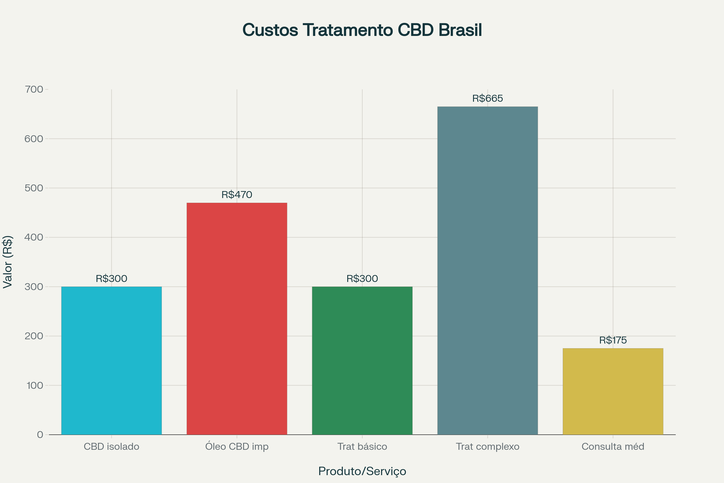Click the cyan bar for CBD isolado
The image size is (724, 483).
click(x=111, y=360)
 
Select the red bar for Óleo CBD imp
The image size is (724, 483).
click(x=237, y=319)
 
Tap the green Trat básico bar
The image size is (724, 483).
click(x=362, y=360)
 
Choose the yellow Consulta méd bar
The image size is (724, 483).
click(x=613, y=391)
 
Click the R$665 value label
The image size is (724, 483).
click(x=487, y=99)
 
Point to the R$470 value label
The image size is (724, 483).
click(x=237, y=195)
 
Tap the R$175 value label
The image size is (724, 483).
click(x=613, y=341)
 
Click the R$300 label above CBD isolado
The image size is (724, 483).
click(x=111, y=278)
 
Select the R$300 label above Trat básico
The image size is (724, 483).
click(x=362, y=278)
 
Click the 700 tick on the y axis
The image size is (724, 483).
click(x=34, y=90)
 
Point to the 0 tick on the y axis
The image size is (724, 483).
click(x=40, y=435)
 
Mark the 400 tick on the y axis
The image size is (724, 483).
click(x=34, y=237)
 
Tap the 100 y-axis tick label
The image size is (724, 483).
click(x=34, y=385)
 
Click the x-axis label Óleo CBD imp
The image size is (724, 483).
click(x=237, y=446)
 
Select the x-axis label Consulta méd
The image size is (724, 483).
click(x=613, y=446)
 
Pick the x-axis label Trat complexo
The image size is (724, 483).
click(x=487, y=446)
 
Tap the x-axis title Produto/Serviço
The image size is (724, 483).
click(x=362, y=471)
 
